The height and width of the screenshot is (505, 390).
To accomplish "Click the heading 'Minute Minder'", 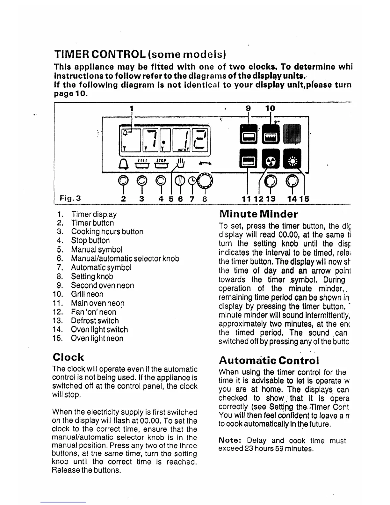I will pyautogui.click(x=259, y=214).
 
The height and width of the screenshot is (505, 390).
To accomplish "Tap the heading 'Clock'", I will pyautogui.click(x=68, y=357).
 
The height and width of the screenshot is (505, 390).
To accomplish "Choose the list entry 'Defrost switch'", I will pyautogui.click(x=95, y=321).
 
